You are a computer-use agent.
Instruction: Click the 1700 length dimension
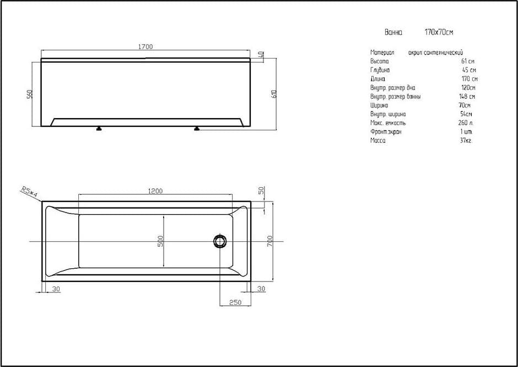pyautogui.click(x=145, y=47)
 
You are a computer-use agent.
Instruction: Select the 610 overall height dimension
pyautogui.click(x=273, y=95)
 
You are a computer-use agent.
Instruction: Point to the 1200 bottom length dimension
pyautogui.click(x=155, y=191)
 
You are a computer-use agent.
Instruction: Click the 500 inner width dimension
pyautogui.click(x=160, y=242)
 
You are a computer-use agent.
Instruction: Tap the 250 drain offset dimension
pyautogui.click(x=235, y=302)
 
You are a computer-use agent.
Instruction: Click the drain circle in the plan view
pyautogui.click(x=219, y=241)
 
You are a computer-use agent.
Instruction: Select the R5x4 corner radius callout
pyautogui.click(x=29, y=192)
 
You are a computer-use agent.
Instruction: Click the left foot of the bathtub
pyautogui.click(x=99, y=129)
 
